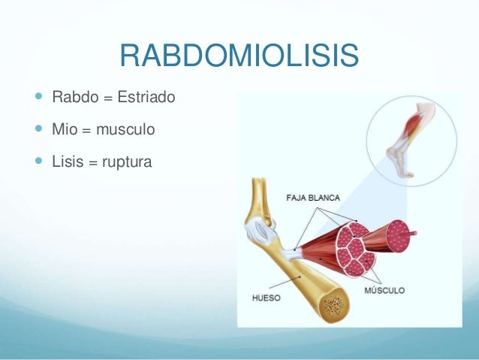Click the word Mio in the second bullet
click(64, 129)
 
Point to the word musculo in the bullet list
click(125, 130)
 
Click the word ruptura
click(126, 161)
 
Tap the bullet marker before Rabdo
click(38, 98)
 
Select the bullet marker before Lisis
click(38, 160)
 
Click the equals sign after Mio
click(86, 130)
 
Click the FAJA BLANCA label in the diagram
click(313, 198)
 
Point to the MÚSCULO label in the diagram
click(384, 289)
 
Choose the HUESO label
click(265, 298)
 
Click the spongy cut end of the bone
click(333, 305)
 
